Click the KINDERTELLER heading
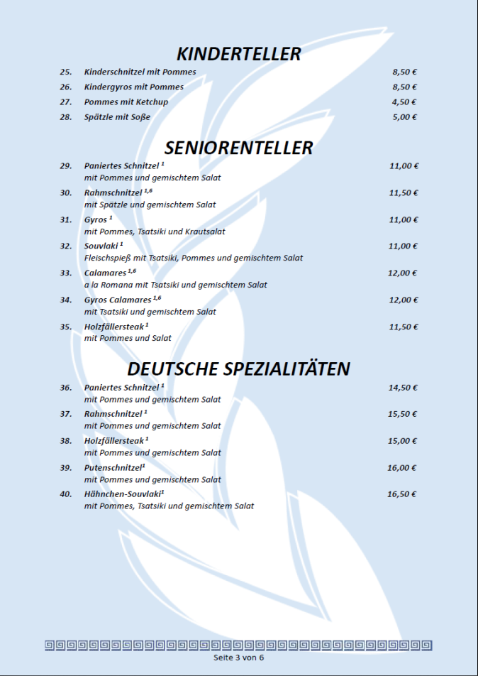(238, 54)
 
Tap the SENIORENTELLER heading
(238, 148)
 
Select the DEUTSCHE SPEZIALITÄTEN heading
(238, 369)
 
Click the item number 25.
(66, 72)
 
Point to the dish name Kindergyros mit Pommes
(133, 87)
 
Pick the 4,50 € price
(404, 102)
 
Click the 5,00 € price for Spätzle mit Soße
(404, 116)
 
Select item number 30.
(66, 192)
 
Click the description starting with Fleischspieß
(193, 258)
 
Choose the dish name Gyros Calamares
(118, 300)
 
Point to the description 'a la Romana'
(175, 285)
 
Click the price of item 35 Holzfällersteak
(404, 327)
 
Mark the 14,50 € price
(403, 388)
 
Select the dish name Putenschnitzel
(112, 467)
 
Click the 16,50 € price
(402, 494)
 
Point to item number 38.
(66, 441)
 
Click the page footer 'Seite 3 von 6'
(238, 658)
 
